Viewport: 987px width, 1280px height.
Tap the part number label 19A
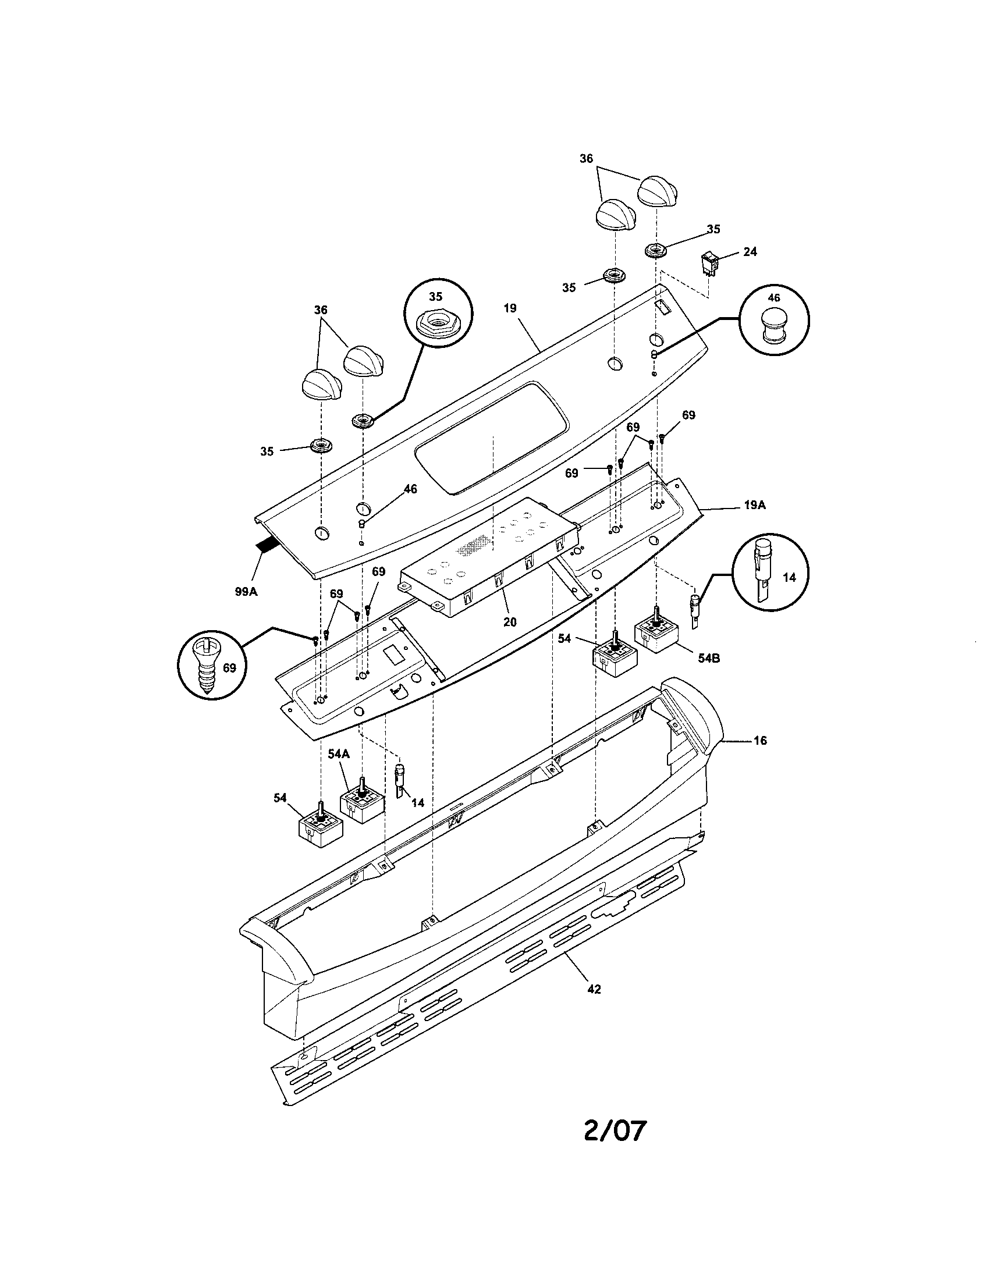[x=754, y=504]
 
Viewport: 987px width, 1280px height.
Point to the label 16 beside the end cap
[x=759, y=741]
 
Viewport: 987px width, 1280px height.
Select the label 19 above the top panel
[x=510, y=308]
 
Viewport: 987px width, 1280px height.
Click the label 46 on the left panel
[x=410, y=489]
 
